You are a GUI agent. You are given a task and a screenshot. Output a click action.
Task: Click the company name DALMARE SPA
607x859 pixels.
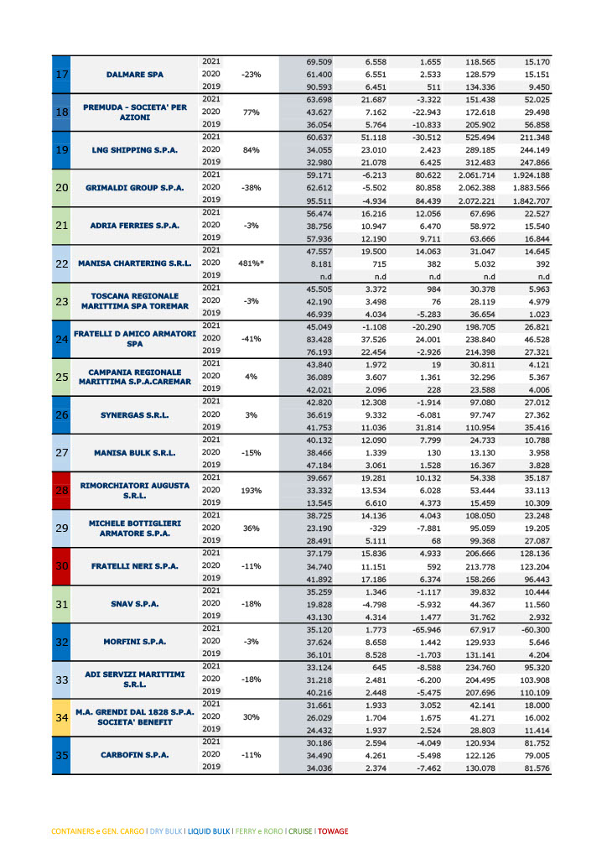point(134,75)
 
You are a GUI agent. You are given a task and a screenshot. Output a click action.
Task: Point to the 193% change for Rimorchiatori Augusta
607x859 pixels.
point(252,490)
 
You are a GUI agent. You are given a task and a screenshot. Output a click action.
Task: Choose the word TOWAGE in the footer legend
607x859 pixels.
point(332,831)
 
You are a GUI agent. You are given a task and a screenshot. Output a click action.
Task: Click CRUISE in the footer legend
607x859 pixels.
point(299,831)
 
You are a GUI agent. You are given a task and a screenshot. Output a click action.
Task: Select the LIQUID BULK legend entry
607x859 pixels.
point(206,831)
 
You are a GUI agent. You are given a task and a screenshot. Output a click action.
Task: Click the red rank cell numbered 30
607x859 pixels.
point(61,565)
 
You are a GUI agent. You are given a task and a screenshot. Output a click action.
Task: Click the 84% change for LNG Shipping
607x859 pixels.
point(252,150)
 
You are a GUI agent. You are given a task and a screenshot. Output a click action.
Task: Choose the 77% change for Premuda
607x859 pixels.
point(252,112)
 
